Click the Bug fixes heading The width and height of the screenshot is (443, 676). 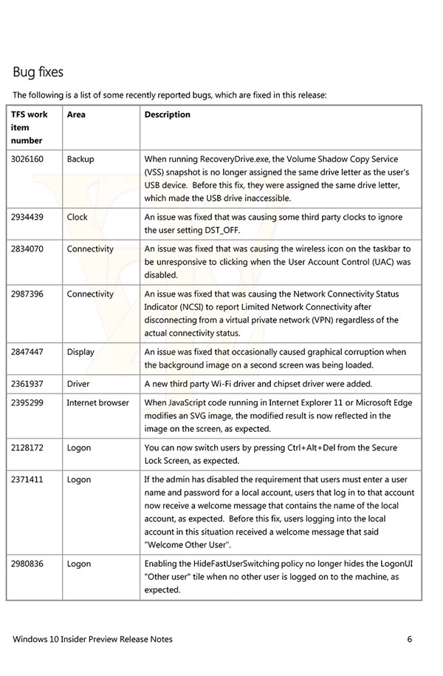click(38, 72)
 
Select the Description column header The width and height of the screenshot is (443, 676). click(167, 115)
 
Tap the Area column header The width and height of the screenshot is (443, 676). click(76, 115)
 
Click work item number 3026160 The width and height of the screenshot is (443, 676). click(27, 159)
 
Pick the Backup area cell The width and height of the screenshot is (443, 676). click(80, 159)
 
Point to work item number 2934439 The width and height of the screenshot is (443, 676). click(27, 217)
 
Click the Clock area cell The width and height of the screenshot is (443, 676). click(77, 217)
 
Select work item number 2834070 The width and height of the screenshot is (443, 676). click(27, 249)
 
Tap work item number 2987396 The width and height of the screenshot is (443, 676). click(27, 294)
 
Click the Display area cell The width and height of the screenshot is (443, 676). click(80, 352)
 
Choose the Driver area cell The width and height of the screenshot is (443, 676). click(78, 384)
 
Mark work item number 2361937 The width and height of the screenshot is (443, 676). click(27, 384)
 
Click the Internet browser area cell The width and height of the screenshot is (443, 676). click(97, 403)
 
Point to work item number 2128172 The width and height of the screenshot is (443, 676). click(27, 447)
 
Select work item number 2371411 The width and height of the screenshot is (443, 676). click(27, 480)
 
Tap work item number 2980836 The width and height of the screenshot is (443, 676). click(27, 564)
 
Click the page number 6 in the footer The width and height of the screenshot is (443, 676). click(409, 639)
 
